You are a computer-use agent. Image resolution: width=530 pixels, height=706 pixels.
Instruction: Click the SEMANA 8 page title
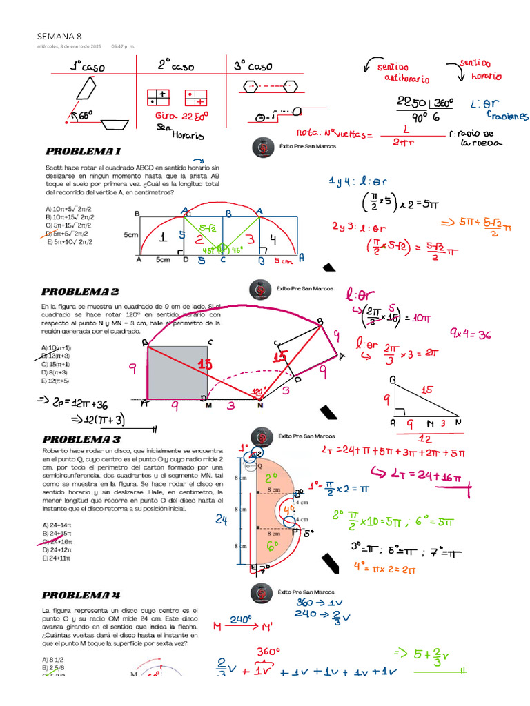[59, 36]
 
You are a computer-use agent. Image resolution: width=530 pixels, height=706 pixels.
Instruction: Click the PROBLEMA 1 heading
[83, 151]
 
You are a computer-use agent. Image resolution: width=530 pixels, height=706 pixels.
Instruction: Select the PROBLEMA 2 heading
[80, 292]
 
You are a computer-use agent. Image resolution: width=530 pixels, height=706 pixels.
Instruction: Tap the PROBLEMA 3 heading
[81, 439]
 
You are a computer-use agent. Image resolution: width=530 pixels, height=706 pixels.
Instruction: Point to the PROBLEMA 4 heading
[81, 594]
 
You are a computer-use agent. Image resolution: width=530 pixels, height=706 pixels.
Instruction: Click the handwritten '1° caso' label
[86, 66]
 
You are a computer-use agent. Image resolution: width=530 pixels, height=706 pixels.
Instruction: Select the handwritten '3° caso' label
[253, 66]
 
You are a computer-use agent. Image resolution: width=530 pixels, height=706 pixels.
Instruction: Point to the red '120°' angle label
[258, 391]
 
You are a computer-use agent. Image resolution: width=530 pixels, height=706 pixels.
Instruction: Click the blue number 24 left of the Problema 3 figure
[221, 520]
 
